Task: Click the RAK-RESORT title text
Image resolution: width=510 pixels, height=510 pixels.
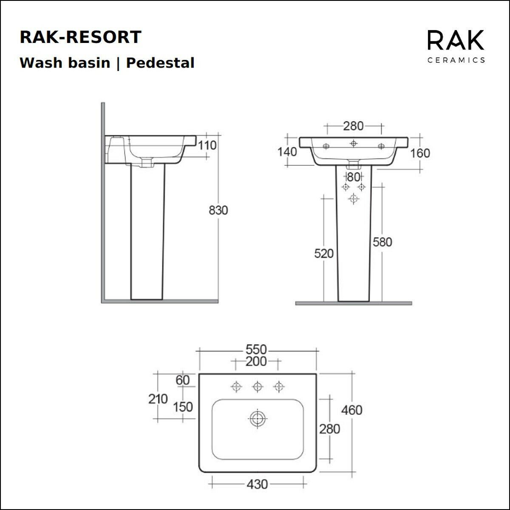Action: (x=80, y=37)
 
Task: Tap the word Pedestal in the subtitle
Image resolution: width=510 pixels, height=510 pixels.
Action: (x=161, y=63)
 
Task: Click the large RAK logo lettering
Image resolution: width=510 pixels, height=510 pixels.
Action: (x=456, y=41)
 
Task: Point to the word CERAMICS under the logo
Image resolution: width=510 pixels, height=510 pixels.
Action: (x=456, y=60)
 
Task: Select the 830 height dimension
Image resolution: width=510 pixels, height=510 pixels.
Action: (x=218, y=210)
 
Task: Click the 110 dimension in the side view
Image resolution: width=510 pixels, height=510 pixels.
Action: (x=208, y=145)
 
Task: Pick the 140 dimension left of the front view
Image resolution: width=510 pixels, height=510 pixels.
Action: (x=287, y=152)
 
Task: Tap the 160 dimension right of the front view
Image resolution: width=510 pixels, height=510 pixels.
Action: (x=420, y=153)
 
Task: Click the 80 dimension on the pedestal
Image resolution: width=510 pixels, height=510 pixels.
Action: (x=353, y=176)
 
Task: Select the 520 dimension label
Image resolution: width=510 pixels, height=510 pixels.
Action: (x=324, y=254)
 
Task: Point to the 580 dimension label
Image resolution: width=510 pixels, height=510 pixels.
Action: (x=382, y=242)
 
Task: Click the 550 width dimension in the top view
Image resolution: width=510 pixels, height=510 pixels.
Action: (x=256, y=350)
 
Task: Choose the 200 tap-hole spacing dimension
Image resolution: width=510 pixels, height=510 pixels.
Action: (x=256, y=362)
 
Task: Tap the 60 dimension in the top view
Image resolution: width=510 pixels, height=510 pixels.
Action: (x=183, y=380)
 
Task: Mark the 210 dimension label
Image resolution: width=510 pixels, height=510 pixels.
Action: (x=158, y=399)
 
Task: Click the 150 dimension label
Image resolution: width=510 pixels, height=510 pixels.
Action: (x=183, y=407)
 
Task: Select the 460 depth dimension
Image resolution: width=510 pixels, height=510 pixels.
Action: (x=352, y=410)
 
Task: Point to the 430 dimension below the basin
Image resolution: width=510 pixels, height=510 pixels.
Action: (x=257, y=484)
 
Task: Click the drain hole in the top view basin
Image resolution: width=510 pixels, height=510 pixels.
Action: (x=257, y=419)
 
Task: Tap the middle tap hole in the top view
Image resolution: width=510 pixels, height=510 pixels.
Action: (x=257, y=386)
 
